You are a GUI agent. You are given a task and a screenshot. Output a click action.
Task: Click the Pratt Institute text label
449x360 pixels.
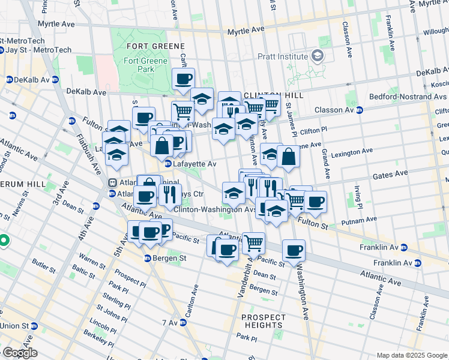point(283,57)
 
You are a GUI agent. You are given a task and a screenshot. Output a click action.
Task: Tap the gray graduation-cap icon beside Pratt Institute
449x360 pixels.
point(317,57)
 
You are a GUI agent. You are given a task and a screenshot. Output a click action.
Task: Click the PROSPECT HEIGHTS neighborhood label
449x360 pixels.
point(264,322)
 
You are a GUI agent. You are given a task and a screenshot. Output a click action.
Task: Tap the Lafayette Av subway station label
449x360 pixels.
point(194,163)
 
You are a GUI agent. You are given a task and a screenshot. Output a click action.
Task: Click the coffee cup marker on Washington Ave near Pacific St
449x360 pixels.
point(294,250)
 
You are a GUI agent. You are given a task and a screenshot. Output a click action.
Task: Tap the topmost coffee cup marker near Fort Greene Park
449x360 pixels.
point(184,79)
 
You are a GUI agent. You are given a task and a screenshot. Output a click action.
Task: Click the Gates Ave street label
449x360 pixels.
point(390,175)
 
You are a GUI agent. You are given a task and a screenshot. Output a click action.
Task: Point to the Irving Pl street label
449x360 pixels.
point(358,194)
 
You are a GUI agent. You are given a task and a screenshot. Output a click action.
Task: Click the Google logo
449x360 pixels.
point(19,352)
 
